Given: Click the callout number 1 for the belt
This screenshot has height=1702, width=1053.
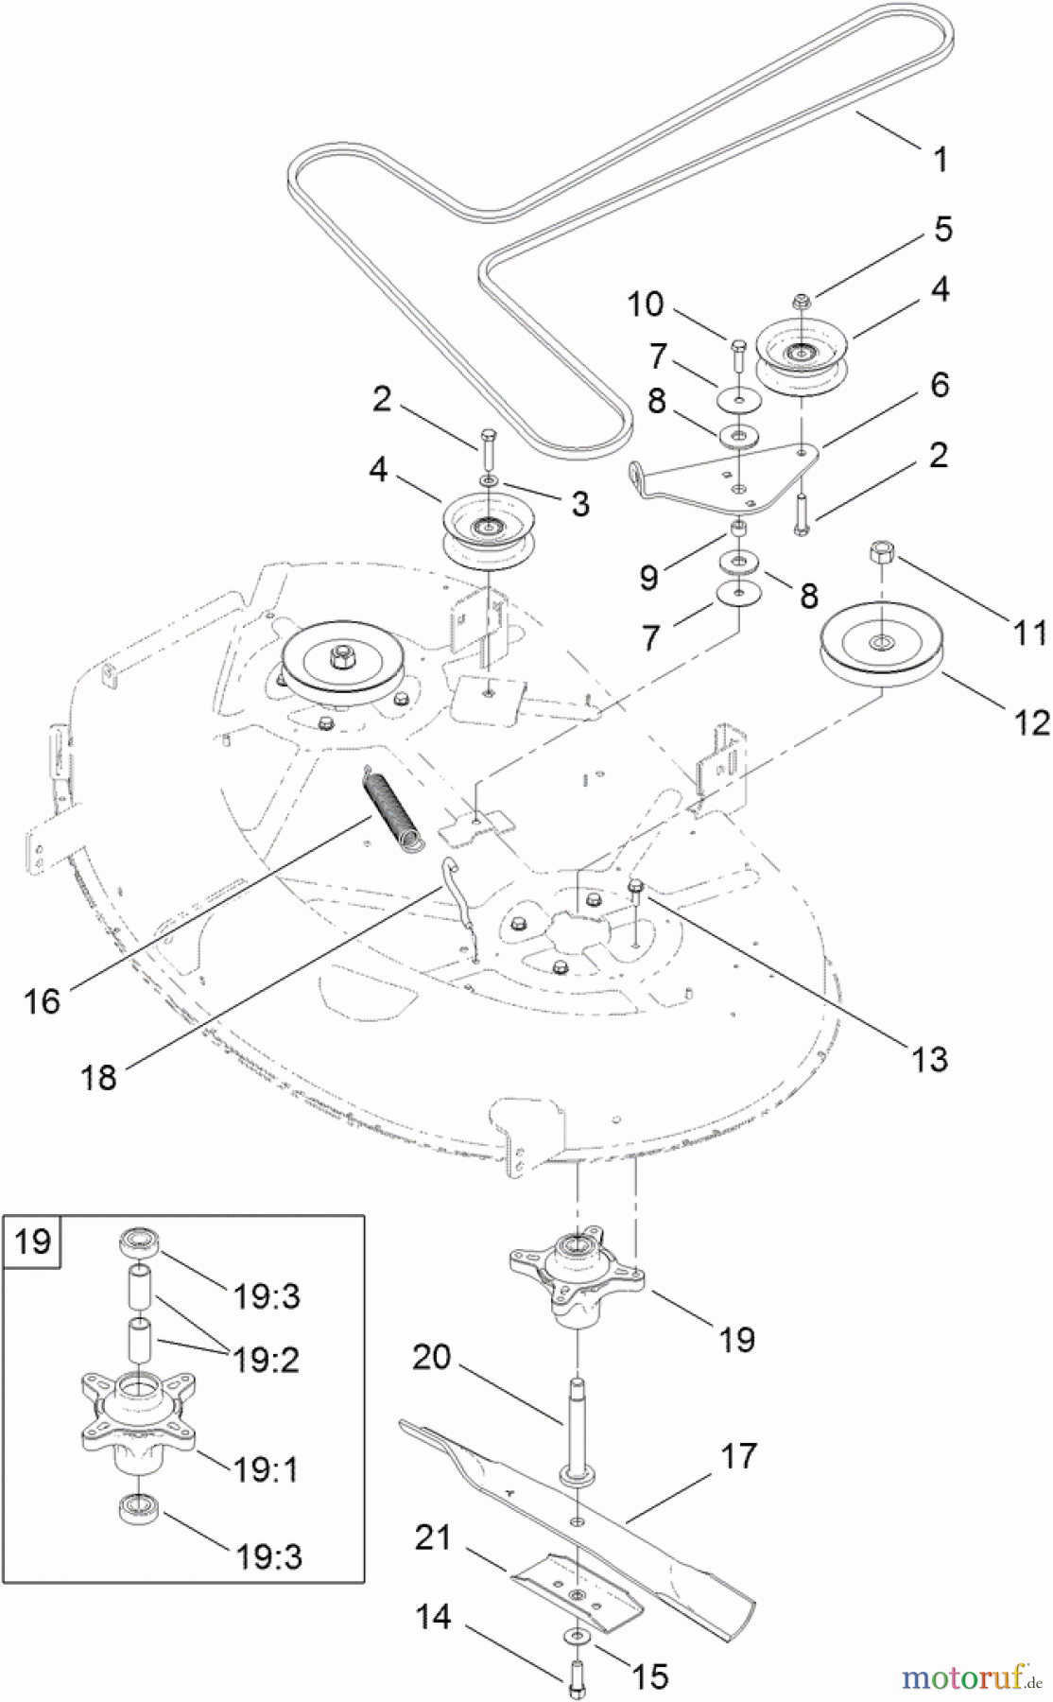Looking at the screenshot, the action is pos(940,160).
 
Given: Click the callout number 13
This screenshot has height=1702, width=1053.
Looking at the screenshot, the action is pos(929,1059).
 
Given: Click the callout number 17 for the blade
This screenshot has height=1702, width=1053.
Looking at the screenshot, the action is pos(738,1455).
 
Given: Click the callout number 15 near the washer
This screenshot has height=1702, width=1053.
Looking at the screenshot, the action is pos(649,1676).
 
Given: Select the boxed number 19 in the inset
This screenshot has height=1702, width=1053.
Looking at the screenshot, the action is pos(33,1240).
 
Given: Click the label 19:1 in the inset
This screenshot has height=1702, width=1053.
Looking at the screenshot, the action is pos(266,1469).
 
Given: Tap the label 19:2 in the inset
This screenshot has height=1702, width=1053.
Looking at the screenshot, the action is pos(266,1360).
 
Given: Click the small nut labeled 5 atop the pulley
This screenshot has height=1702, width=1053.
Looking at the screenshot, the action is pos(802,303).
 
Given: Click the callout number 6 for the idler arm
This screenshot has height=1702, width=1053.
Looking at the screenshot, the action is pos(939,385).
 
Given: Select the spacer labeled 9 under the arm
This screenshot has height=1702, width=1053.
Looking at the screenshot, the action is pos(739,527).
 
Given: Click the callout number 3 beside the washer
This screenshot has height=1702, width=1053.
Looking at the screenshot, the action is pos(579,504).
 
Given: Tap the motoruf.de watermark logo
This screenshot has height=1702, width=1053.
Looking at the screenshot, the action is pos(964,1676).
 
